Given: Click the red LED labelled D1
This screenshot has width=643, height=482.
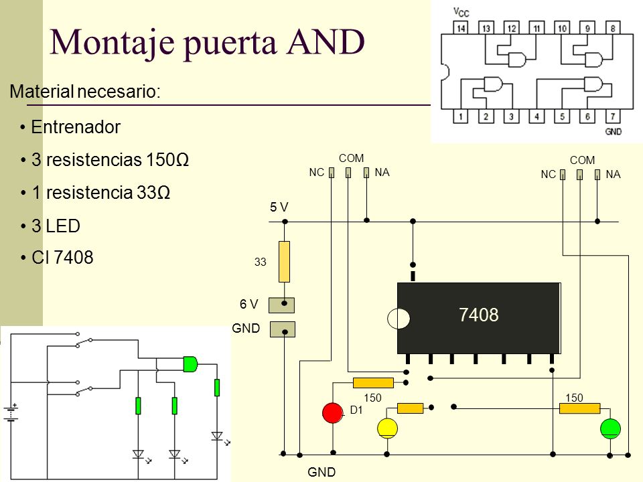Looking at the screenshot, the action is coord(333,413).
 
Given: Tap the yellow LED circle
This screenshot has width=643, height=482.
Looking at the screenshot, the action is coord(387,428).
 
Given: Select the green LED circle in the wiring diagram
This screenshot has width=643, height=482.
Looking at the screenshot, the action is coord(610,428).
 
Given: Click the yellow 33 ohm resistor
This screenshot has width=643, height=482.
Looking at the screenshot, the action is coord(284,262).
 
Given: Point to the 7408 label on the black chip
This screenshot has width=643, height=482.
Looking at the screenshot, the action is coord(478,315).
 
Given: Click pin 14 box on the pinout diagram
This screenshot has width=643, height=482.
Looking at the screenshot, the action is coord(461,28).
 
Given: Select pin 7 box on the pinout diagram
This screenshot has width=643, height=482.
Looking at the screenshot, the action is coord(613,116).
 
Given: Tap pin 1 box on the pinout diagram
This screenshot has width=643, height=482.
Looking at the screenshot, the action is coord(461,116).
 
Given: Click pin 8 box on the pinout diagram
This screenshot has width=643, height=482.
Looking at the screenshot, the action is coord(613,28).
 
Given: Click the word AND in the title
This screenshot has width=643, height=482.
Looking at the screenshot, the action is coord(326,42).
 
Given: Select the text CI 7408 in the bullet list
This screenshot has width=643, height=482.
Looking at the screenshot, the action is coord(62,257).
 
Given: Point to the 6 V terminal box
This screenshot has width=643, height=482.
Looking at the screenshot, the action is coord(281,305).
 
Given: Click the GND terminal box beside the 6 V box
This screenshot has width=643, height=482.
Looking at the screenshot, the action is coord(283,329).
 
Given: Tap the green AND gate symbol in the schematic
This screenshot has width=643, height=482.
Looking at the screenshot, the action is coord(190,364).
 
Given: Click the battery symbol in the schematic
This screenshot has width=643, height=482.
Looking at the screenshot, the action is coord(11,413).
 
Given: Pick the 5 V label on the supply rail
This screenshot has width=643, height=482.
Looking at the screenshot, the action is coord(279,207).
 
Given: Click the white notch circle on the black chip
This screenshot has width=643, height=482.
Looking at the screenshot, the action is coord(398,319).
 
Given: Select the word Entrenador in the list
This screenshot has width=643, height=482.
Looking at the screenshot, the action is coord(76,127).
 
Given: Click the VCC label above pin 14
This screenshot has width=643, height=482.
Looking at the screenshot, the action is coord(461,12).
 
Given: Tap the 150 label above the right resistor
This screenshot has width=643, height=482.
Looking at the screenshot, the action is coord(574,398).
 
